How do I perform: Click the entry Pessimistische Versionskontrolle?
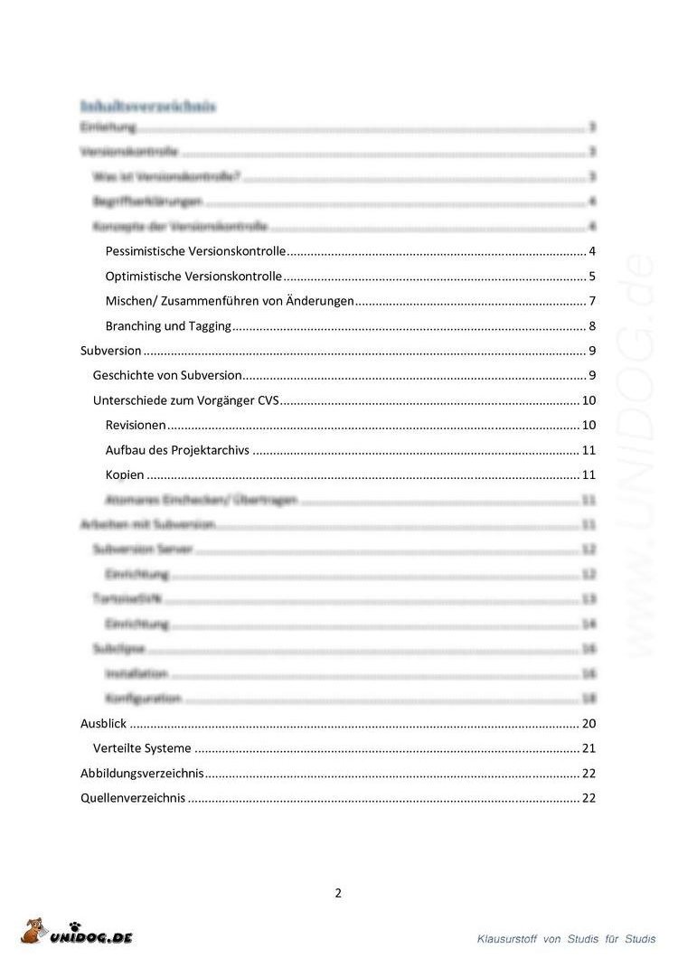pos(195,251)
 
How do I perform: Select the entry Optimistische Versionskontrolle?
pos(193,277)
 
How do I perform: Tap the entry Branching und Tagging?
pos(168,326)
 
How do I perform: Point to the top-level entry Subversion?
pos(111,351)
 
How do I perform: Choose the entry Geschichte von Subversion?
pos(167,375)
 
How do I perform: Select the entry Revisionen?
pos(136,426)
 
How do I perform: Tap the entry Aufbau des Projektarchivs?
pos(177,450)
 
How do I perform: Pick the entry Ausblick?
pos(103,724)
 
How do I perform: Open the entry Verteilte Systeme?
pos(142,748)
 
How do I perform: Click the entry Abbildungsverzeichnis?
pos(142,774)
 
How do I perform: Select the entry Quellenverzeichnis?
pos(132,798)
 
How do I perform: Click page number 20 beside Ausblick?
pos(589,724)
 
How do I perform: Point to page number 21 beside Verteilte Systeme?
pos(589,748)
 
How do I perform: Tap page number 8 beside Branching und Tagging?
pos(591,326)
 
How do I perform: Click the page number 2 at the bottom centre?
pos(338,894)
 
